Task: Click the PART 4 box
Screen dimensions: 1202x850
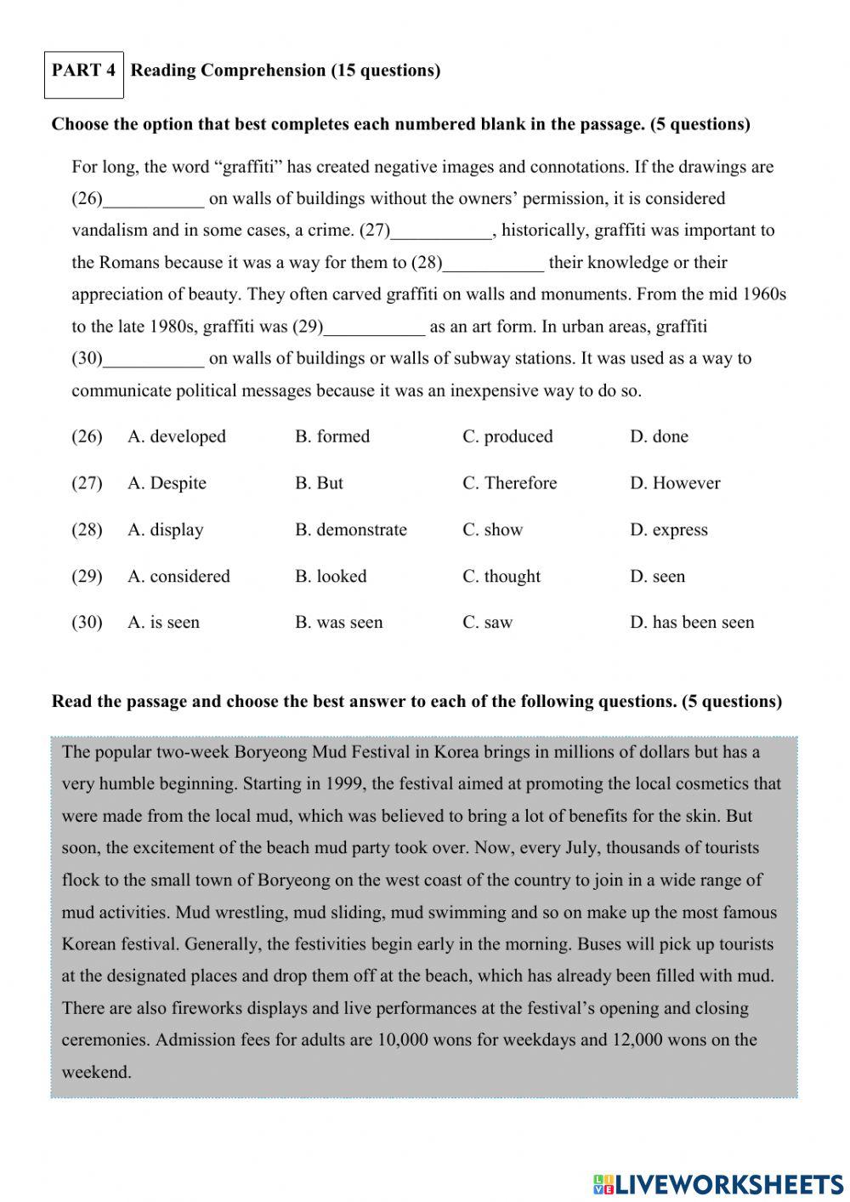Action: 83,71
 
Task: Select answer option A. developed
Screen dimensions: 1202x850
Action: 177,436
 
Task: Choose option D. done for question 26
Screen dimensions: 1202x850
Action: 659,436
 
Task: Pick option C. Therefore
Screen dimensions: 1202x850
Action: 509,483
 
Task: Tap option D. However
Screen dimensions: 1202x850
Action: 675,483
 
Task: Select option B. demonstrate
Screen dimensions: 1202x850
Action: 351,530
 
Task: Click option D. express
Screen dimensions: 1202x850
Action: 668,530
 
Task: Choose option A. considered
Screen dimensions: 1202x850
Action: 178,577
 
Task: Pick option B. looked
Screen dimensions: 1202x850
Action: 331,577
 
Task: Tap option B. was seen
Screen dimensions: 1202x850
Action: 339,623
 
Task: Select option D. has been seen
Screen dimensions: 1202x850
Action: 692,623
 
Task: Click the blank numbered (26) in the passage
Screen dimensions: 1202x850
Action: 153,201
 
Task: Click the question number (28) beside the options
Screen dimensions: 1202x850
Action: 87,530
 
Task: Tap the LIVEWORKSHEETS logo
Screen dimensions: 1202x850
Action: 718,1183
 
